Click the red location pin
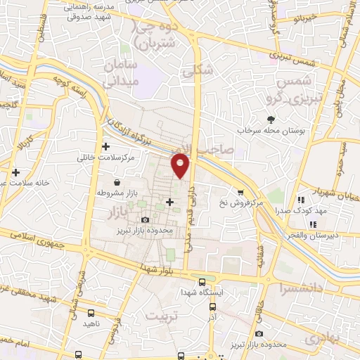[181, 165]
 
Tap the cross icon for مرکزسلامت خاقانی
[106, 147]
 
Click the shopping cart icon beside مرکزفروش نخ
[241, 191]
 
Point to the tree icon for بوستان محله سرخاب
[270, 119]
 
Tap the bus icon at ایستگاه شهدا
[202, 280]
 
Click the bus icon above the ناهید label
[90, 313]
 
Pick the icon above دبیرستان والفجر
[314, 224]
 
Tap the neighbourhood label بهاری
[323, 338]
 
